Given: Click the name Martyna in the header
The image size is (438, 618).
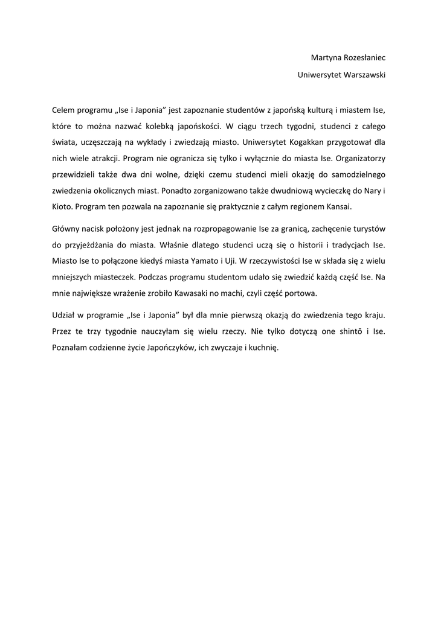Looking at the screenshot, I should point(325,58).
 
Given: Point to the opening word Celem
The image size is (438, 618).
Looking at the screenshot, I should point(63,110).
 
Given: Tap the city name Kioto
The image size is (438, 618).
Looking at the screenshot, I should point(61,206).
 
